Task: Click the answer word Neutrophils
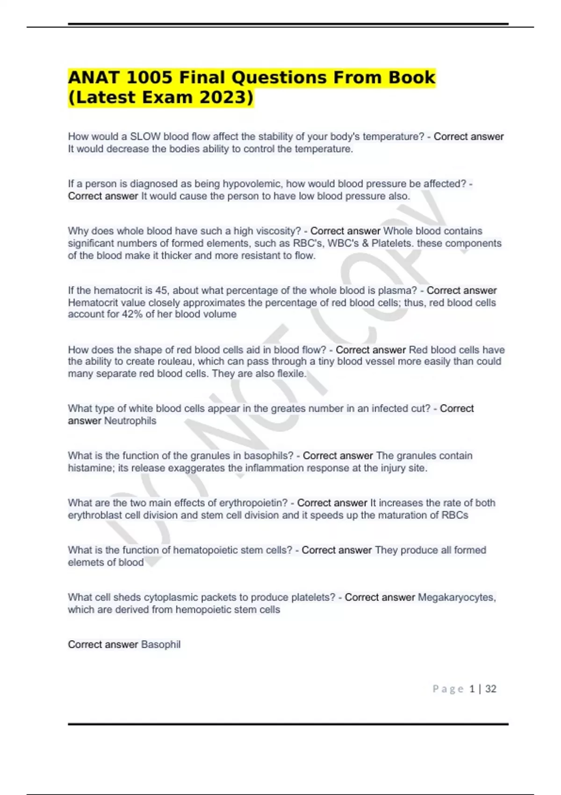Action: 130,421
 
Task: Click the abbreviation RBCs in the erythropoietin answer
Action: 454,515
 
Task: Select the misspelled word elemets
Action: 85,563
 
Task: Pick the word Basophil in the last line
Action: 161,645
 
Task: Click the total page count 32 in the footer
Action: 490,689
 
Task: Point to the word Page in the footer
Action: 448,689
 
